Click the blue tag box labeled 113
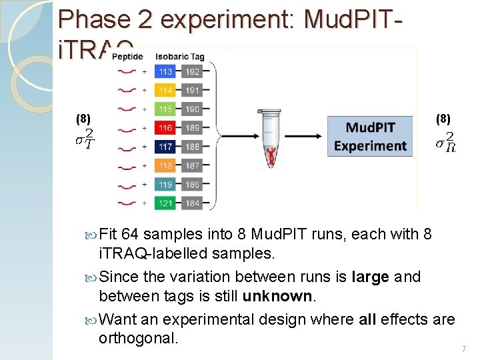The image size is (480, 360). [x=166, y=71]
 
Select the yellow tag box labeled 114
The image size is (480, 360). [x=166, y=90]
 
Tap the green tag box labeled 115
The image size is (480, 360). [x=166, y=109]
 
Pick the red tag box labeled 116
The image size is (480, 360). [x=166, y=127]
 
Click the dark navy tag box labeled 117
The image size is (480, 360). [x=166, y=146]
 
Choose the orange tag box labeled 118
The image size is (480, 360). [x=166, y=165]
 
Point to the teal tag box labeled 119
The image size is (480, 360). [x=166, y=184]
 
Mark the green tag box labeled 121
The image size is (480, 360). [x=166, y=203]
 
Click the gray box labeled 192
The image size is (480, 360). [x=193, y=71]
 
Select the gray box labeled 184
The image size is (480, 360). [x=193, y=203]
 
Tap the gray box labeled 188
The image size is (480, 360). [x=193, y=146]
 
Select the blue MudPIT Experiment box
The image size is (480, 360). [x=370, y=137]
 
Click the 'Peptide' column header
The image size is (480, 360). [x=127, y=57]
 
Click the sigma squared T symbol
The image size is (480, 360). [x=84, y=139]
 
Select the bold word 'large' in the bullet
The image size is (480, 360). [x=369, y=277]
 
